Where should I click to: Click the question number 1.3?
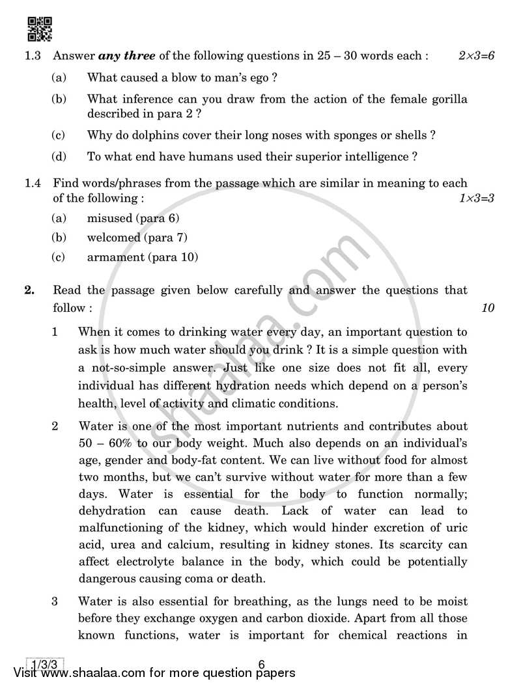(x=33, y=56)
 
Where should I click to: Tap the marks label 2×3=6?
(x=476, y=56)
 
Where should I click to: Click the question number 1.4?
(x=33, y=184)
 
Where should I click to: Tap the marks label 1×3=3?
(x=476, y=197)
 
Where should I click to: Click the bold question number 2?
(x=29, y=290)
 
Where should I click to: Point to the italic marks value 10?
(x=488, y=307)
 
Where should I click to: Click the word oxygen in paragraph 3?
(x=285, y=618)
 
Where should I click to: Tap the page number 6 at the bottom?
(x=261, y=665)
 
